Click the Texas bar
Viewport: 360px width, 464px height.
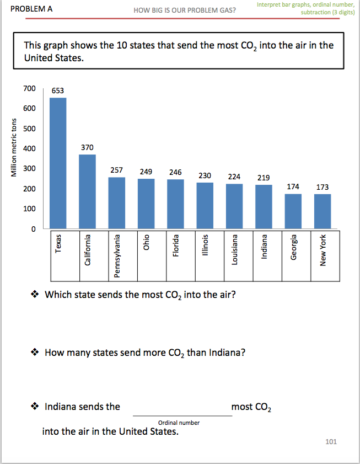[x=58, y=163]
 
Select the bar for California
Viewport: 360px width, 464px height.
[x=87, y=191]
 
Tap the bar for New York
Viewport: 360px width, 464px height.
[x=323, y=211]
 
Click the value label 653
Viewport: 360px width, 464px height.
[x=58, y=90]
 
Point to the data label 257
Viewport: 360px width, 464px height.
[x=116, y=170]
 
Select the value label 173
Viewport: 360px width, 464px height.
[x=323, y=188]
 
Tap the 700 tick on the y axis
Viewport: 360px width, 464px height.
[x=29, y=88]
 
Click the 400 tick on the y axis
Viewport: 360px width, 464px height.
[x=29, y=148]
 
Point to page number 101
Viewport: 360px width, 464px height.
[x=331, y=441]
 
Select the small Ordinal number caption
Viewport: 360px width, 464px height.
[x=179, y=423]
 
